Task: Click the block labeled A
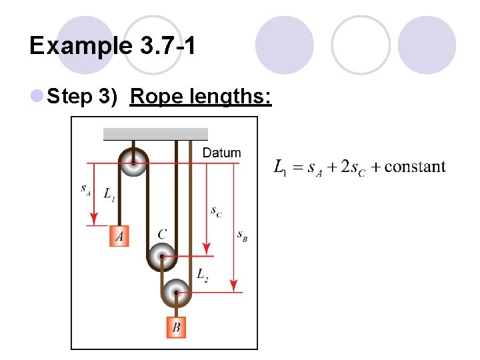pyautogui.click(x=119, y=236)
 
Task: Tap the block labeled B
pyautogui.click(x=176, y=327)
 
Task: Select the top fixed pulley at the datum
pyautogui.click(x=133, y=162)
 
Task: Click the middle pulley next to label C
pyautogui.click(x=161, y=255)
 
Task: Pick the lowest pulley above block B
pyautogui.click(x=176, y=291)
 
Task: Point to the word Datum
pyautogui.click(x=221, y=153)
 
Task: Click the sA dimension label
pyautogui.click(x=86, y=190)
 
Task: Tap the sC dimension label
pyautogui.click(x=217, y=211)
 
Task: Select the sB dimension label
pyautogui.click(x=242, y=235)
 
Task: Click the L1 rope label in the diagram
pyautogui.click(x=109, y=194)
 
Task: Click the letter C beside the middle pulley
pyautogui.click(x=162, y=234)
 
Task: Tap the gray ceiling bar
pyautogui.click(x=155, y=134)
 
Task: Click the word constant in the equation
pyautogui.click(x=415, y=167)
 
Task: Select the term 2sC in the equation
pyautogui.click(x=351, y=167)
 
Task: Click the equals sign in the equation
pyautogui.click(x=297, y=167)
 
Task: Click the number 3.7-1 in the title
pyautogui.click(x=167, y=46)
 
